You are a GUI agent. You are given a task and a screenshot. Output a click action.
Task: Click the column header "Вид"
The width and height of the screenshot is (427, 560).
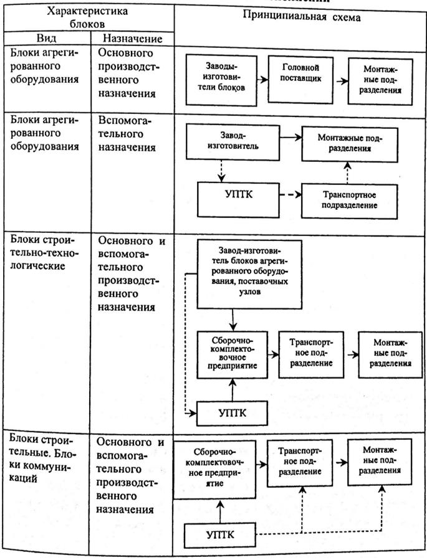(x=47, y=38)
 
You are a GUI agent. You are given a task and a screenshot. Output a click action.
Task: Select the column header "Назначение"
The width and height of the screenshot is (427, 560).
(x=133, y=39)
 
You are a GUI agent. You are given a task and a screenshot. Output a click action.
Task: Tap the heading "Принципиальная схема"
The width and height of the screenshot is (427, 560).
(x=302, y=16)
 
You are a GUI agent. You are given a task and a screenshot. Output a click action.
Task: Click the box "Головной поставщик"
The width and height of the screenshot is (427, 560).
(x=300, y=80)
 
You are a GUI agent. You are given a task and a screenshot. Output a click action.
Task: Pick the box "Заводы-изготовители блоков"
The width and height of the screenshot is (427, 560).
(x=221, y=80)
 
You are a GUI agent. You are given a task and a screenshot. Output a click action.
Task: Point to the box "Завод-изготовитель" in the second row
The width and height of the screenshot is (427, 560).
(x=233, y=142)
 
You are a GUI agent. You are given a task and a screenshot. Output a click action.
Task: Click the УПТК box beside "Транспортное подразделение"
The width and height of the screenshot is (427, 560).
(x=238, y=199)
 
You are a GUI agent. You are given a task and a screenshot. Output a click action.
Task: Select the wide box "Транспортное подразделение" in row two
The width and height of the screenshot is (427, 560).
(x=350, y=201)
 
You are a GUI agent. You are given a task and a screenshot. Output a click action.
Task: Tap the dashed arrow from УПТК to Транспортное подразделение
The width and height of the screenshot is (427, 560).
(x=290, y=195)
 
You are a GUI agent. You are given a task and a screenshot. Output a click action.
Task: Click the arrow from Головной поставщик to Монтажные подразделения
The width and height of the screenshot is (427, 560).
(x=341, y=81)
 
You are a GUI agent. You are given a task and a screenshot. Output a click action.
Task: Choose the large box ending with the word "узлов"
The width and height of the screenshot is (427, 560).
(x=249, y=274)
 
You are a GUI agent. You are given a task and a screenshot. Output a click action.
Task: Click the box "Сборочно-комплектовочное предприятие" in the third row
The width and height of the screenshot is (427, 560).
(x=233, y=354)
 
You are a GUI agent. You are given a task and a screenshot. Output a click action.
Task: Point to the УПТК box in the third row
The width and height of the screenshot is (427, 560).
(x=233, y=413)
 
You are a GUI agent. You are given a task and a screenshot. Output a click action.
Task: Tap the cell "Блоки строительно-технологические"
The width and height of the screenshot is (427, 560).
(x=43, y=252)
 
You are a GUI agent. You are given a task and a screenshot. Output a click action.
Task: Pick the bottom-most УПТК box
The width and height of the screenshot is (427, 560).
(x=220, y=534)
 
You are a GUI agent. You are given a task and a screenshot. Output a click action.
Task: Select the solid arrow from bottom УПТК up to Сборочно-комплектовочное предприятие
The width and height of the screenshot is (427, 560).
(x=220, y=511)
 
